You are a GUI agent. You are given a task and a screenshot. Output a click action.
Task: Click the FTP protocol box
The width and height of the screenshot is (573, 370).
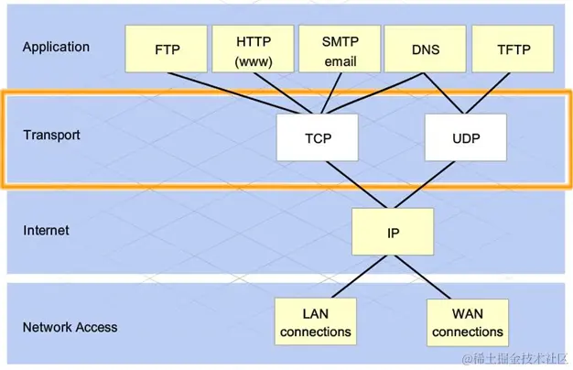pos(167,49)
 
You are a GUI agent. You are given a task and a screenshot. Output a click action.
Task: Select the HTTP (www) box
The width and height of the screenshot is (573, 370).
pos(254,49)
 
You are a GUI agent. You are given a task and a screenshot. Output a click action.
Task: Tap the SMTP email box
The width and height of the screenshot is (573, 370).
pos(340,49)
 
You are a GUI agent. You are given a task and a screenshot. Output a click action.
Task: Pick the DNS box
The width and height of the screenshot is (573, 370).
pos(425,49)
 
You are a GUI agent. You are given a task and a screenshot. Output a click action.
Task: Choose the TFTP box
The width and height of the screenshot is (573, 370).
pos(512,49)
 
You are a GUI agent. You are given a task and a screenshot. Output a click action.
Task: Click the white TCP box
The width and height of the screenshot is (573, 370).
pos(318,139)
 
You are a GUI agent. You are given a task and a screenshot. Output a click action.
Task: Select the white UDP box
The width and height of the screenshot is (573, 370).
pos(466,139)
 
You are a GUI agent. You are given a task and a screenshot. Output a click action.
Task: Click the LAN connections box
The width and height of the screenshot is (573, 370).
pos(315,321)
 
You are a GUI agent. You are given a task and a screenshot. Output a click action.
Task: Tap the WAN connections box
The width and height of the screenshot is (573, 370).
pos(467,321)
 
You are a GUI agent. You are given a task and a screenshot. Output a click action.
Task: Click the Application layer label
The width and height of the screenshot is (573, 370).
pos(56,47)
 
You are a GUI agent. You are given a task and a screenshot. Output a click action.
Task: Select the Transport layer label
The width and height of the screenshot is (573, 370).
pos(51,136)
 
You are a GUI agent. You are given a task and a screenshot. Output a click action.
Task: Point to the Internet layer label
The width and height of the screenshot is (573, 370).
pos(46,231)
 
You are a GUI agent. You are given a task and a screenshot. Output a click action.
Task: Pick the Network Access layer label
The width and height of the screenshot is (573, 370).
pos(70,326)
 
